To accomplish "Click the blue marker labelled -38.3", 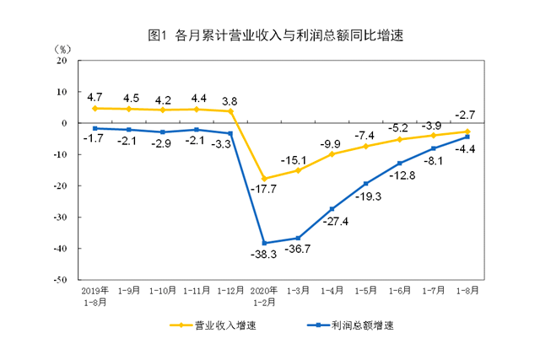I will click(x=266, y=243).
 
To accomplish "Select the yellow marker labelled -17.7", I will click(x=266, y=179).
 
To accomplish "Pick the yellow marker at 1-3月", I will click(x=297, y=170).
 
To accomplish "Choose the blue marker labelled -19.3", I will click(x=366, y=184).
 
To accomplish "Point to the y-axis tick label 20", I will click(x=61, y=61).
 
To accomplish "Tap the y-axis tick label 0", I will click(x=64, y=123).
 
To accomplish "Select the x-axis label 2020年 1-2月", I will click(x=266, y=295).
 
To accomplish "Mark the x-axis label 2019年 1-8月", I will click(x=95, y=295).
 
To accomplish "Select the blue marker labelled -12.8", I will click(x=400, y=163).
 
